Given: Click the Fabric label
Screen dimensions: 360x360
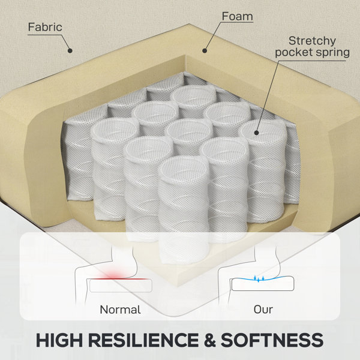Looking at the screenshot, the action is [x=45, y=27].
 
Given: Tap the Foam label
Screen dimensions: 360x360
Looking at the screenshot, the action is [x=237, y=16].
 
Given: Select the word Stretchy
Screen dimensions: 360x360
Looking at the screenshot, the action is [x=312, y=41].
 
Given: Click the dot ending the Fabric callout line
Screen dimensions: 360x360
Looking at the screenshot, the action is [x=70, y=50].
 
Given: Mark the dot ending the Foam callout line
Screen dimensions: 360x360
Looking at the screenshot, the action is [x=205, y=50].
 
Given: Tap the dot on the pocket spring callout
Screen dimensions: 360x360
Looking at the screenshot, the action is [x=256, y=133].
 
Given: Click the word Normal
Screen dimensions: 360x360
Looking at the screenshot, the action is [x=121, y=310].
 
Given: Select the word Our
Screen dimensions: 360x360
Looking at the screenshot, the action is [x=263, y=310].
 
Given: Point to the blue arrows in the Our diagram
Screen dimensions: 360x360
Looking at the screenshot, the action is [x=259, y=278].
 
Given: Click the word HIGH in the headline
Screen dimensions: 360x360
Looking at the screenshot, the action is [x=59, y=340].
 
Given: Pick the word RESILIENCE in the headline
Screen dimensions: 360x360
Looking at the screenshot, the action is [x=143, y=340].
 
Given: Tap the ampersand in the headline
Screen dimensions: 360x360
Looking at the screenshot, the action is [x=209, y=340].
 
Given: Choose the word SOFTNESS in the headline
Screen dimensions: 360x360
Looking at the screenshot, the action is [x=272, y=340].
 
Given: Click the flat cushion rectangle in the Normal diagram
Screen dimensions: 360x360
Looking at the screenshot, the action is [x=121, y=286].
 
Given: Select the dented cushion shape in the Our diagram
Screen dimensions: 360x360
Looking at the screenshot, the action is [x=263, y=284].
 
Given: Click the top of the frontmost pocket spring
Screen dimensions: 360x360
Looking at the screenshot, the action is [x=184, y=167].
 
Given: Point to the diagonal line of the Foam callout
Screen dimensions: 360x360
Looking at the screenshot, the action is [x=212, y=36].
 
